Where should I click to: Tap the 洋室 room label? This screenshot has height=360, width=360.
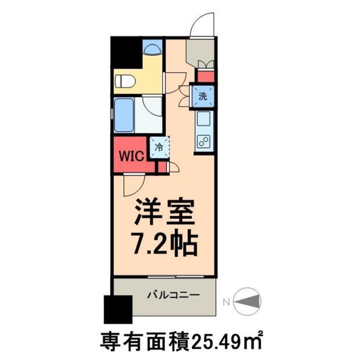pos(163,214)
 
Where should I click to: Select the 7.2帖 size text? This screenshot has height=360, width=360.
pos(163,243)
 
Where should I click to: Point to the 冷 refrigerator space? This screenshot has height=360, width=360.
pos(159,148)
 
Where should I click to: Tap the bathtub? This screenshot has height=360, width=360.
pos(124,115)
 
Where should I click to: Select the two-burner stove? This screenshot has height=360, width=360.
pos(204,141)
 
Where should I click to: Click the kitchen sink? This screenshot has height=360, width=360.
pos(204,119)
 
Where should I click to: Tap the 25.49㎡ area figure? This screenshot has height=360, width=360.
pos(228,340)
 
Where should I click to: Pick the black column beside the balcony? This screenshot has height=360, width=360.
pos(117,308)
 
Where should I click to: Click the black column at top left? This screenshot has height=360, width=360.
pos(125,53)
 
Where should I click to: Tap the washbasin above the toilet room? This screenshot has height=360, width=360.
pos(152,48)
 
